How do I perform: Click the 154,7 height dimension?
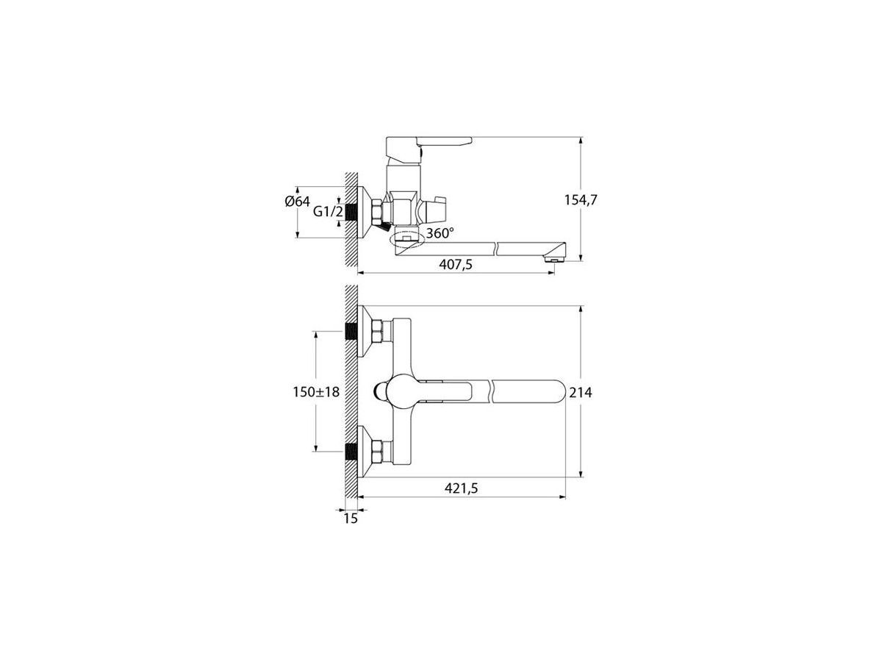tap(581, 200)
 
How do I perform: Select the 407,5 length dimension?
tap(456, 265)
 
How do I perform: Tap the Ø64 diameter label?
tap(298, 201)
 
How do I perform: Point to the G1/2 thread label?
tap(328, 211)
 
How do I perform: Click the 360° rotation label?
tap(440, 232)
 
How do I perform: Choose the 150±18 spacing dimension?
tap(316, 391)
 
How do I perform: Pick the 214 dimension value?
tap(581, 392)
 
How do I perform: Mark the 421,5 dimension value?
tap(462, 488)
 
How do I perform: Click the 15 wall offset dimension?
tap(351, 519)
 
